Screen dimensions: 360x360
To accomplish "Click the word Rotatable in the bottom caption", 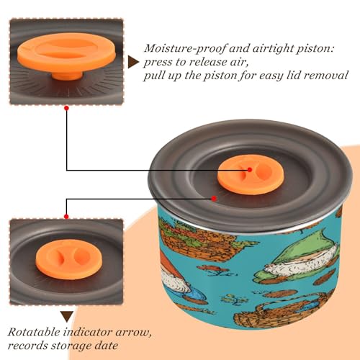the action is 35,332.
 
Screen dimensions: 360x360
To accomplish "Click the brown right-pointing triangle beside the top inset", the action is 133,62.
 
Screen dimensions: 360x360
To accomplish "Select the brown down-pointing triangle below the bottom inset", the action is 67,317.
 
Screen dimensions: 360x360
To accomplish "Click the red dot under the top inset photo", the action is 67,108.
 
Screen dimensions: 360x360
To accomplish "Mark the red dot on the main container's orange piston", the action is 250,170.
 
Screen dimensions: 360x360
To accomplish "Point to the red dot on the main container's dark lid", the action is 214,199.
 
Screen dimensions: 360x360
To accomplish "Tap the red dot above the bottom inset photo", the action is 66,217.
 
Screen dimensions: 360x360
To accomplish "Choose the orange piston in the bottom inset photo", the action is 69,259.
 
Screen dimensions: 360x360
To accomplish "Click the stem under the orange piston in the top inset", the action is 67,75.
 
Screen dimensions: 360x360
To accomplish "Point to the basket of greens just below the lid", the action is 199,240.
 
